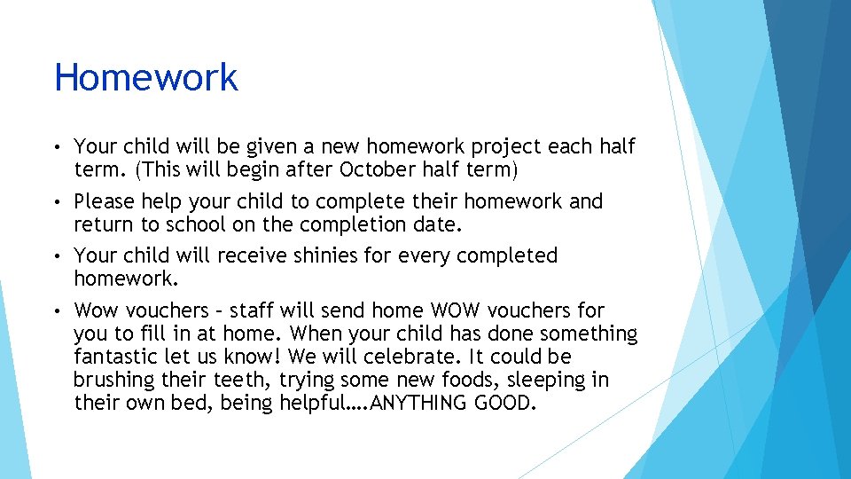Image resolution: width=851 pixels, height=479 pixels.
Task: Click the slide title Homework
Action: (x=146, y=78)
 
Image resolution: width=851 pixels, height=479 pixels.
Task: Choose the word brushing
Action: (x=114, y=380)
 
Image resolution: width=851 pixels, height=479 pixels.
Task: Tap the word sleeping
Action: (x=538, y=380)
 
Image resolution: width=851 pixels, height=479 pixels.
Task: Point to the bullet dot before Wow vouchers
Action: (x=58, y=311)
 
